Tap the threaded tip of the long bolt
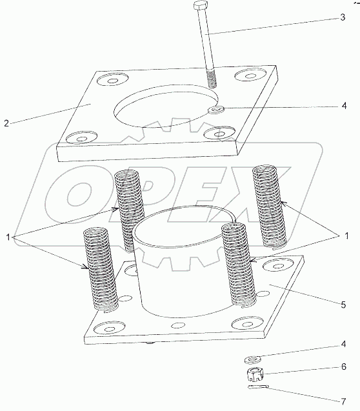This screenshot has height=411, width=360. point(212,78)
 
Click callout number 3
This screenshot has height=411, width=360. point(343,17)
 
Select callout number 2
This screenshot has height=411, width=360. point(6,123)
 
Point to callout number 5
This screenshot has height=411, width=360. point(343,305)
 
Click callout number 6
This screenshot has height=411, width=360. point(343,366)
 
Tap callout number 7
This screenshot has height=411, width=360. point(343,401)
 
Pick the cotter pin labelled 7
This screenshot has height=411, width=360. point(258,386)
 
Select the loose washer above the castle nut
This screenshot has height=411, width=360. point(252,359)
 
